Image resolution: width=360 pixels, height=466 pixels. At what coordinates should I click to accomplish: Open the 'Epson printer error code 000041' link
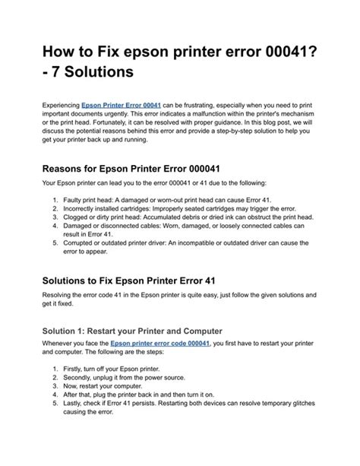click(161, 344)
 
